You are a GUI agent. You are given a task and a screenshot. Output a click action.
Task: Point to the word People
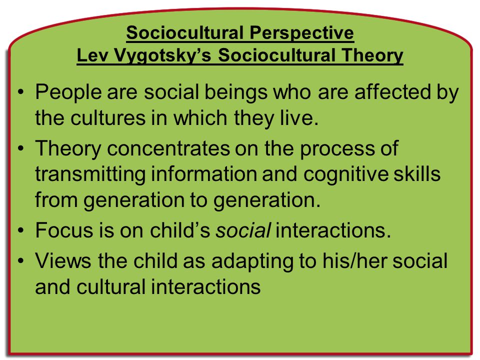pos(68,92)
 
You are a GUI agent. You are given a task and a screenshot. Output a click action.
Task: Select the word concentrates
pos(168,148)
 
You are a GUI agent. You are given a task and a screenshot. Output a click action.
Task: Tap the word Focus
pos(64,230)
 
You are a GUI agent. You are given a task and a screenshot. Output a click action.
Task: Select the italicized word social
pos(243,230)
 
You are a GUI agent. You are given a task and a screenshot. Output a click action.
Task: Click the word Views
pos(63,261)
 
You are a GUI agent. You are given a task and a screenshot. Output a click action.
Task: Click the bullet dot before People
pos(20,92)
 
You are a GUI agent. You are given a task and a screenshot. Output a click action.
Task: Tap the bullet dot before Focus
pos(20,230)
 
